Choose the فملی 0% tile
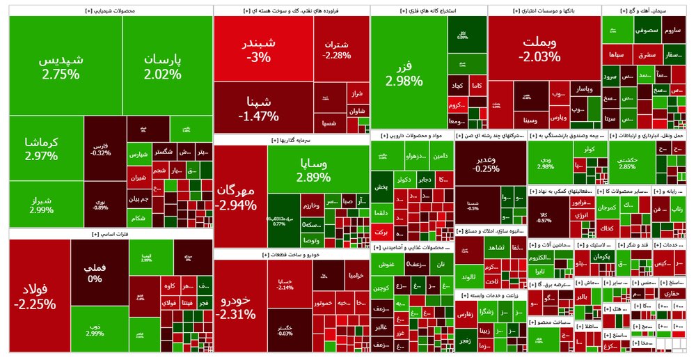(95, 272)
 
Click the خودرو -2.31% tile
(240, 306)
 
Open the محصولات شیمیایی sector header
(110, 11)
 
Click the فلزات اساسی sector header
(110, 235)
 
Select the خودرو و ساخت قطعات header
(291, 255)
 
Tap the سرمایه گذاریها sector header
(291, 140)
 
